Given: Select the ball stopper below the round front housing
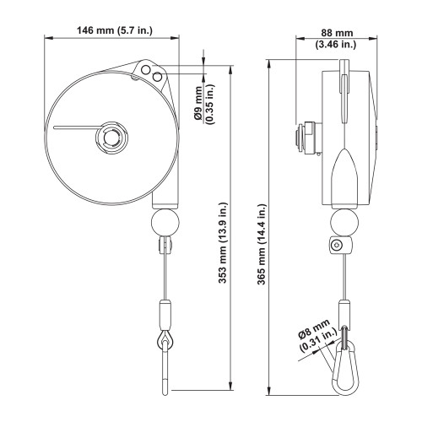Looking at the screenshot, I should [164, 225].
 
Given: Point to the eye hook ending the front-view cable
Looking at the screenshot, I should [164, 342].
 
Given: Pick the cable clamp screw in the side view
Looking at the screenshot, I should [337, 246].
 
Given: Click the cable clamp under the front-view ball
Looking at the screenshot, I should [163, 246].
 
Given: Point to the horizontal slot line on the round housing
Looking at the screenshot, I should [76, 128].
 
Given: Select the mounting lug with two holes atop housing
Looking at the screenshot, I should [154, 73].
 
